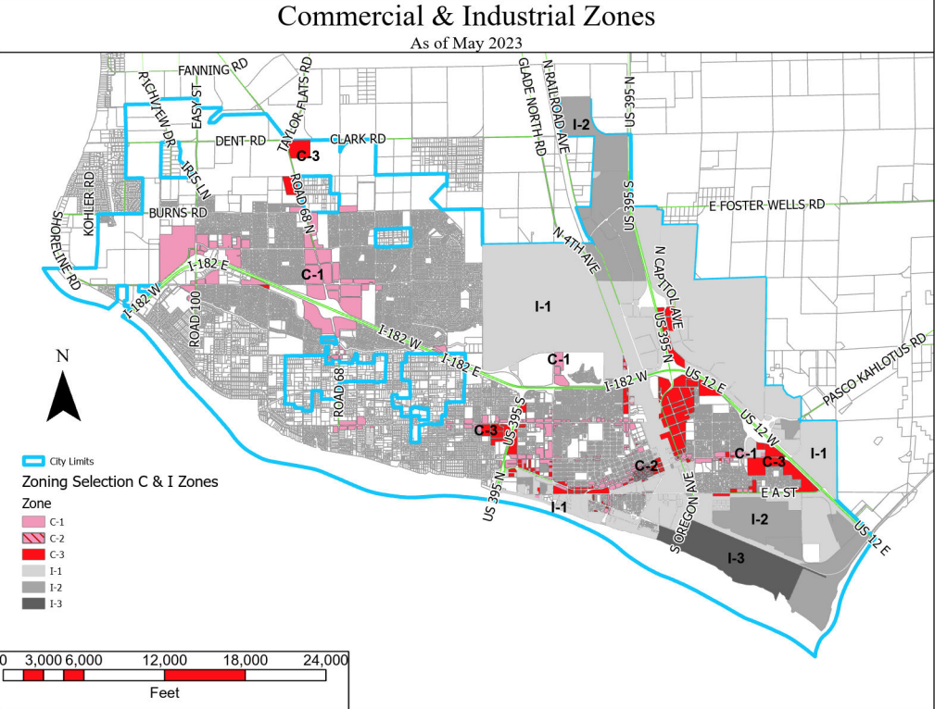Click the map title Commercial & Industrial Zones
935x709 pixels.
[x=466, y=17]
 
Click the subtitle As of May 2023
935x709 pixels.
[x=466, y=43]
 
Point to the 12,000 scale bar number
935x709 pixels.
[x=164, y=660]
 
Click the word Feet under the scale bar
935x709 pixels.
[x=164, y=692]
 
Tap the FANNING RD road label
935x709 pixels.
[x=214, y=69]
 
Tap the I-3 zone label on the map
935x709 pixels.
[x=736, y=558]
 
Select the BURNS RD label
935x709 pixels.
[x=179, y=212]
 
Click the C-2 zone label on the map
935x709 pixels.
[x=646, y=465]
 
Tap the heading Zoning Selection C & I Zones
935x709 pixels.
[x=119, y=482]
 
